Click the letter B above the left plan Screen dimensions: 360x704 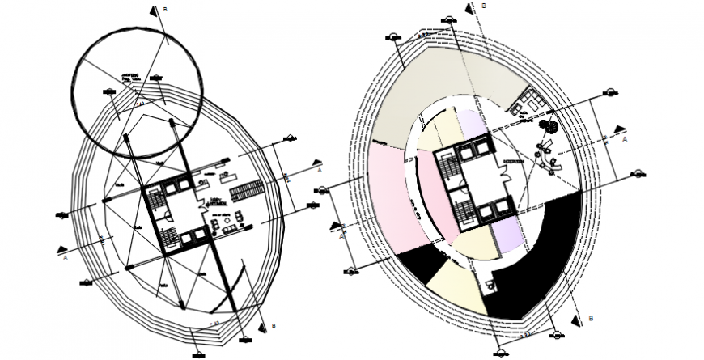point(165,9)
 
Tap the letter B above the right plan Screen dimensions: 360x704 point(483,6)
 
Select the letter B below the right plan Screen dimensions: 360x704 point(592,317)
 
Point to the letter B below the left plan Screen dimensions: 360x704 point(274,326)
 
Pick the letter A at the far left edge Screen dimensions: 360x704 point(64,260)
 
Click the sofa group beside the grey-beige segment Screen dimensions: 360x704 point(535,102)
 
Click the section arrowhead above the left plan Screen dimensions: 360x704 point(151,11)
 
